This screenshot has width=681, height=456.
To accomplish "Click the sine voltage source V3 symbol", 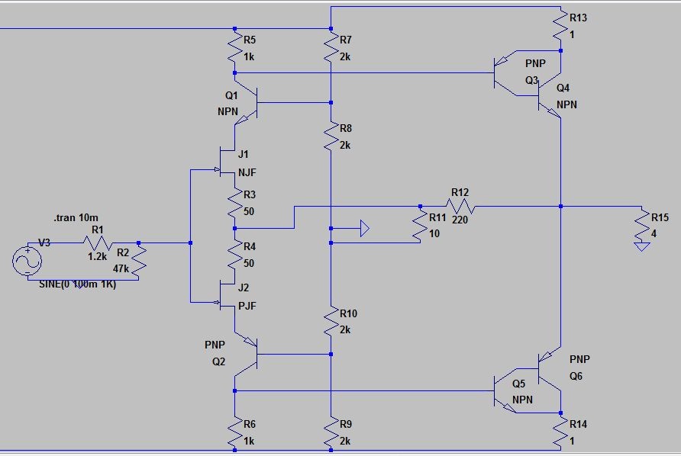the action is (x=27, y=261).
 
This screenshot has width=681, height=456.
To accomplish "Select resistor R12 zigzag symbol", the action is (x=460, y=206).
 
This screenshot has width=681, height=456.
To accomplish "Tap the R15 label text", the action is (x=660, y=217).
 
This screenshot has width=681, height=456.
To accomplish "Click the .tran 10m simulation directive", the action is (x=76, y=217).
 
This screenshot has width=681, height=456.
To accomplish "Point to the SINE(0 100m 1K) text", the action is (x=77, y=284).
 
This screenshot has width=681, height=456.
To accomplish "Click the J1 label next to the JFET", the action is (x=244, y=154).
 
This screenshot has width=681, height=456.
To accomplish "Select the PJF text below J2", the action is (x=247, y=306).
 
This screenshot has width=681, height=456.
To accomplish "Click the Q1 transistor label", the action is (x=231, y=95).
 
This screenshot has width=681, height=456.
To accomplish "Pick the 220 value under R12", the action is (x=460, y=220).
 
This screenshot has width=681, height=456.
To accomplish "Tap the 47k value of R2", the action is (x=121, y=269).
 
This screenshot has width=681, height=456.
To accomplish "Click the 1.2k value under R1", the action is (x=97, y=256).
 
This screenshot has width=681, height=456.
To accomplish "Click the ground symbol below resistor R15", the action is (x=642, y=246).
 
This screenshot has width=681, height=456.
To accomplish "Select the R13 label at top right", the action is (x=578, y=18).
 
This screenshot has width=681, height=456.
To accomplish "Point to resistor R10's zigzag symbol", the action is (x=331, y=321).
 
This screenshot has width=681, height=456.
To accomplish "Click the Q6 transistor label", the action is (x=576, y=376).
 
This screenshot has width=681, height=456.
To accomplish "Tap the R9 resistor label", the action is (x=346, y=424).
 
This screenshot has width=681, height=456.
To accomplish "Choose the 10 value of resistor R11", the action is (x=434, y=234).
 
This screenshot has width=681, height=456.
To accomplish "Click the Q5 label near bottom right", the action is (x=518, y=384).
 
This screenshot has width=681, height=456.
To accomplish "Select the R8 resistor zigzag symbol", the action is (x=331, y=136).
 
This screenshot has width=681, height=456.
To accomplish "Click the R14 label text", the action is (x=578, y=424).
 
